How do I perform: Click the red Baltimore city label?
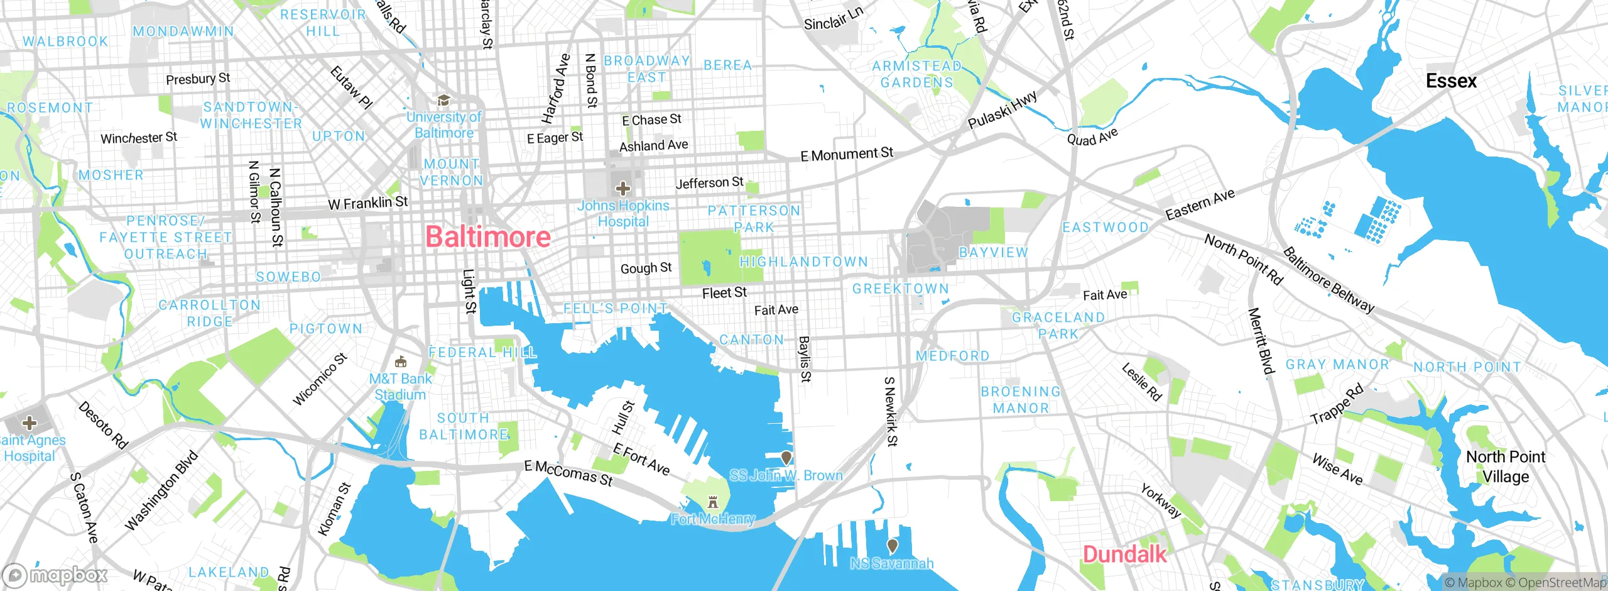tap(488, 237)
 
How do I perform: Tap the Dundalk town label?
tap(1124, 555)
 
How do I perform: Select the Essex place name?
tap(1451, 81)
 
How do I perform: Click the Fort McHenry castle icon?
tap(712, 502)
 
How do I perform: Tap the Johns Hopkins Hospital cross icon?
tap(622, 188)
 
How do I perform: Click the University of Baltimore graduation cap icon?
tap(444, 101)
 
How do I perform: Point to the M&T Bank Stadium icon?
tap(400, 362)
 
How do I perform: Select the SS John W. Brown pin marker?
tap(786, 457)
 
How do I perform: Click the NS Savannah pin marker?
tap(892, 545)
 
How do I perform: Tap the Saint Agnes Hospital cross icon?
tap(29, 423)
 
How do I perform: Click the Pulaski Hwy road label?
tap(1002, 110)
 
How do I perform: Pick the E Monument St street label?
tap(846, 153)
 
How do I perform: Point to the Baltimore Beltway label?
tap(1328, 280)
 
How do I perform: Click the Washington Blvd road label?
tap(161, 491)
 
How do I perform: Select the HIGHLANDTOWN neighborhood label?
tap(803, 262)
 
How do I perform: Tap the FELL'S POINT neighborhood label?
tap(615, 309)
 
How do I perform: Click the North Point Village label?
tap(1505, 467)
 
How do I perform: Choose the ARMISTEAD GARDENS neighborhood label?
tap(916, 74)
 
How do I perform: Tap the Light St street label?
tap(469, 291)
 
